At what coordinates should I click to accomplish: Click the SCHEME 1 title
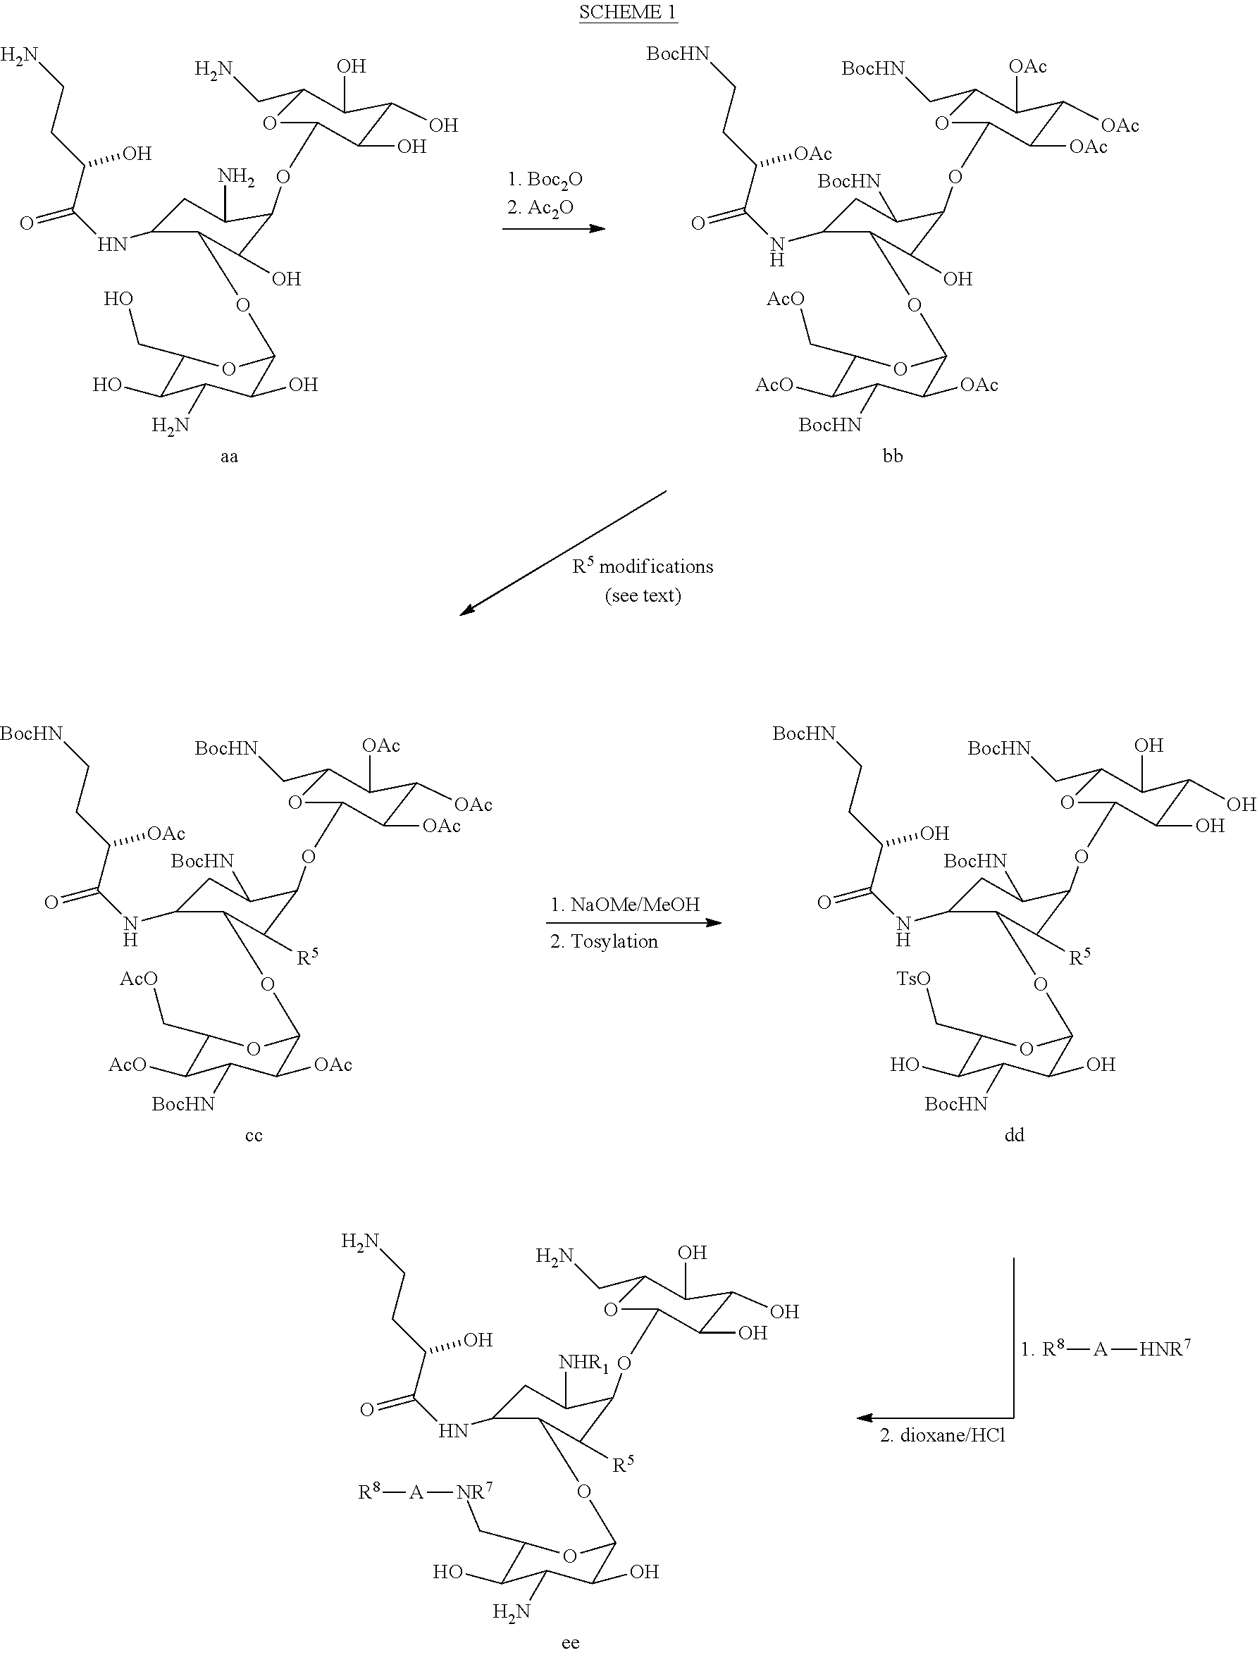pos(628,12)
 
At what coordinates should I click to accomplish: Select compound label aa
pos(229,457)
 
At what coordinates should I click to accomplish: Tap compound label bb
pos(893,457)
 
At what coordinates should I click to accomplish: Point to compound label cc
pos(254,1135)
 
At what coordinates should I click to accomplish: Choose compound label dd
pos(1014,1135)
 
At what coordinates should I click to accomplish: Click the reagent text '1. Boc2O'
pos(545,180)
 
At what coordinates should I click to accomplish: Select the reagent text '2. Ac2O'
pos(540,208)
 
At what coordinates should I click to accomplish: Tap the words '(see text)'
pos(643,595)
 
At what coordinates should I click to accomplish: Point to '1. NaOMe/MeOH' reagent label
pos(625,904)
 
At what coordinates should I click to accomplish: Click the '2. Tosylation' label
pos(604,941)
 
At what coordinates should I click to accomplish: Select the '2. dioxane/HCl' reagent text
pos(942,1435)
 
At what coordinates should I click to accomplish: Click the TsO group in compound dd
pos(913,979)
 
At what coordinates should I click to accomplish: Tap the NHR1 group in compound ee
pos(584,1363)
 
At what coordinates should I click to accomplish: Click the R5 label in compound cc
pos(307,957)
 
